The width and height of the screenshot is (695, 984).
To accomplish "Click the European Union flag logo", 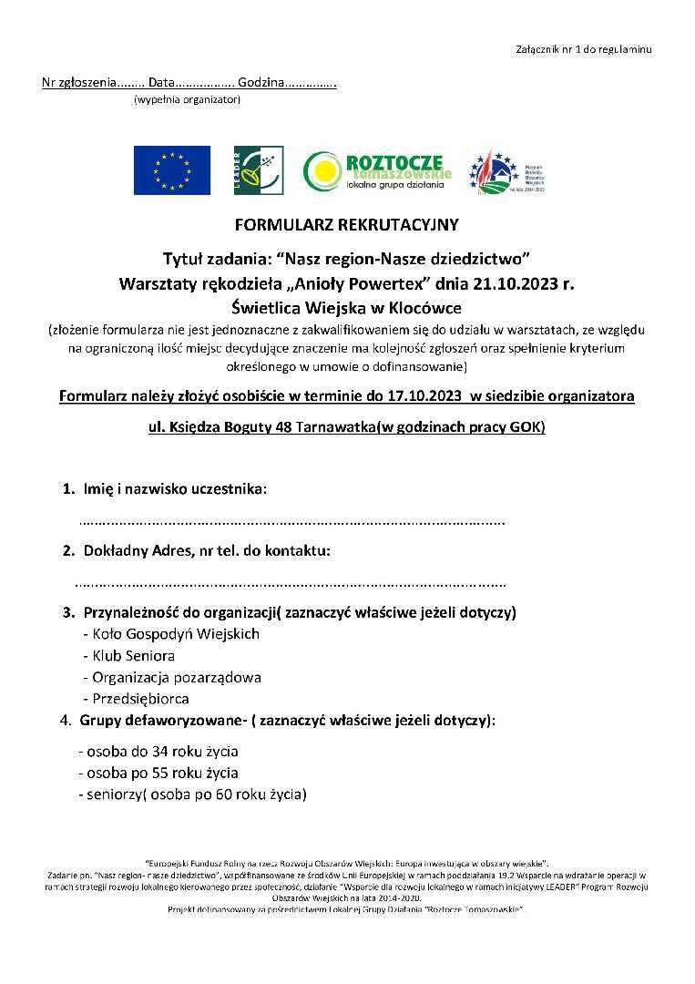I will [172, 170].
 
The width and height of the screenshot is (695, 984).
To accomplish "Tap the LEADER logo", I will [258, 170].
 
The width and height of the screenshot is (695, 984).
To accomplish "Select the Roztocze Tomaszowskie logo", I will [377, 170].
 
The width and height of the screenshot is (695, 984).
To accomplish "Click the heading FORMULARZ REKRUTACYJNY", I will [347, 224].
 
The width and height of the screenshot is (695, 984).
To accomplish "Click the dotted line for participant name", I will [292, 523].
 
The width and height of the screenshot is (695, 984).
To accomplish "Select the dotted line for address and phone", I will [290, 583].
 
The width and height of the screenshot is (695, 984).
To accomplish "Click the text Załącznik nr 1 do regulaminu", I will [584, 48].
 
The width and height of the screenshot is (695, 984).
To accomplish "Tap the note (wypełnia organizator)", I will [187, 99].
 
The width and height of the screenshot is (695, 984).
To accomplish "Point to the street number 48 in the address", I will [283, 427].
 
